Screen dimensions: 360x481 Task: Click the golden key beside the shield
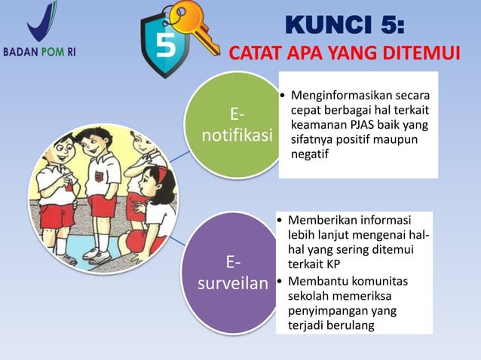195,26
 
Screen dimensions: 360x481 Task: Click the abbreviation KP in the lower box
332,264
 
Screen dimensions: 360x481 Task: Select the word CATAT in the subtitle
251,54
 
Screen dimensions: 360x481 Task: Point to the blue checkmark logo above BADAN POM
41,23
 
